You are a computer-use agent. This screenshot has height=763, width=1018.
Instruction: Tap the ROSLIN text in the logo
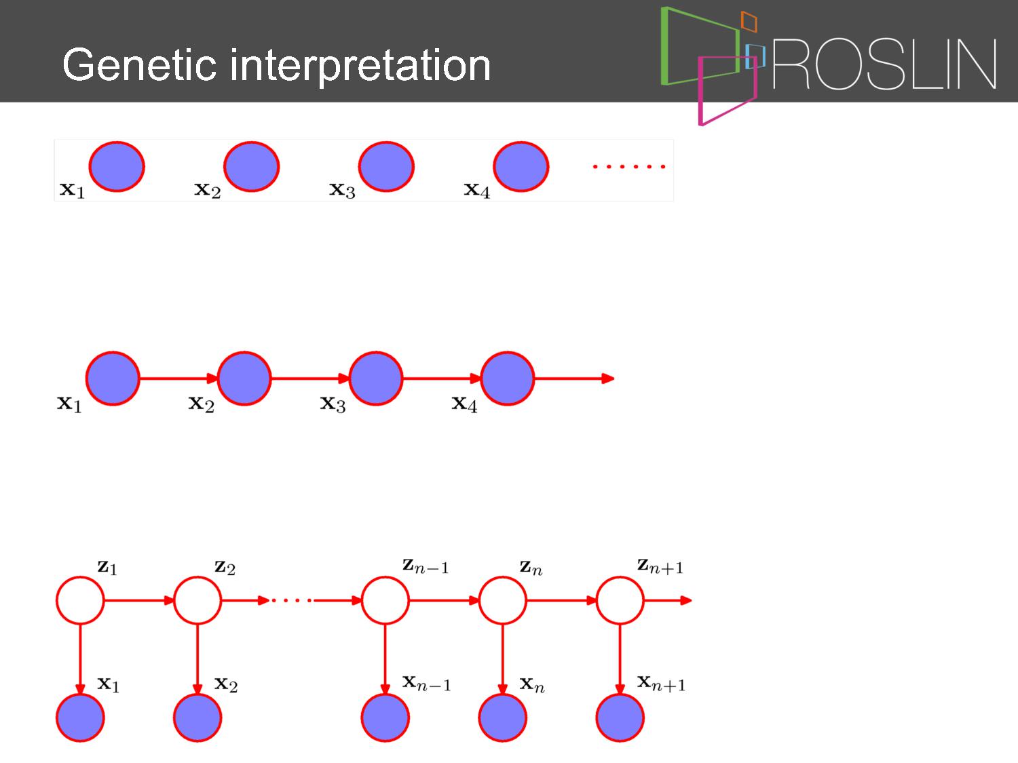(884, 64)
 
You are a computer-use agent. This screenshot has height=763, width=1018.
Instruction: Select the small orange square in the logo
(749, 21)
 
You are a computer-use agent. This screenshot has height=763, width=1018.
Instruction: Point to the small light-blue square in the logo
(755, 56)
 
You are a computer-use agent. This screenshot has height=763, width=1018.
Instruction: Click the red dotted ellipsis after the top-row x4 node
(629, 166)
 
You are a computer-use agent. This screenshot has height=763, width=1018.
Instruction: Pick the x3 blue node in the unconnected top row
(386, 166)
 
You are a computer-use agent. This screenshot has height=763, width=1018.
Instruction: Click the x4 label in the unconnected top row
(477, 189)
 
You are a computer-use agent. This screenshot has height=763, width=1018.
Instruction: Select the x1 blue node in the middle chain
(113, 378)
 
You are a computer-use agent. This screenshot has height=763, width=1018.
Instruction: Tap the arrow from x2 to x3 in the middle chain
(310, 378)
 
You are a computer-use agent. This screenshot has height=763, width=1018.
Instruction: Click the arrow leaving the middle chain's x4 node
(574, 378)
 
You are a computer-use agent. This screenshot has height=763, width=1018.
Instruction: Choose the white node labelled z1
(80, 600)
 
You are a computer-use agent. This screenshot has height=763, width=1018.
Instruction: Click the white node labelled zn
(502, 600)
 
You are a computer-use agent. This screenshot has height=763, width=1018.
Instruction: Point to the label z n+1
(660, 566)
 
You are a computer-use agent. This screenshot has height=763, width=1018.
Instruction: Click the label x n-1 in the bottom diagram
(426, 684)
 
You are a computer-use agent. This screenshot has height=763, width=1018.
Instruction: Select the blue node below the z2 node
(197, 718)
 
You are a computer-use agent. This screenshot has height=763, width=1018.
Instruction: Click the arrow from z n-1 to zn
(444, 600)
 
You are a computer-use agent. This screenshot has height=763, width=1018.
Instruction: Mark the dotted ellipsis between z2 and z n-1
(292, 601)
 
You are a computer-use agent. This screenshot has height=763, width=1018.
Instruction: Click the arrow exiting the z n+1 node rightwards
(668, 600)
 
